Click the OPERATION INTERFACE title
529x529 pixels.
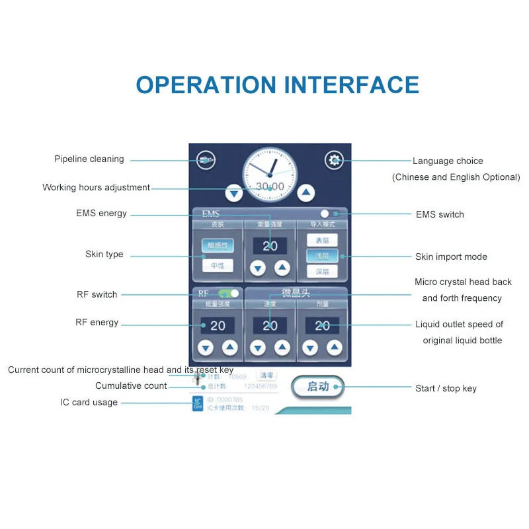(x=278, y=85)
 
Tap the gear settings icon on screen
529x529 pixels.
(x=334, y=159)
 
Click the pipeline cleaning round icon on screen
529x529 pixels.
(x=206, y=159)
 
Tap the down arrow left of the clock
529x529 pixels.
(x=233, y=193)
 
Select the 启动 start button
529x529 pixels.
(x=318, y=387)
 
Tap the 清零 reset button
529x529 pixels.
(x=266, y=376)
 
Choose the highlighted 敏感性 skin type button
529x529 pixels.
(x=218, y=245)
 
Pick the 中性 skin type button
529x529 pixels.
(x=218, y=266)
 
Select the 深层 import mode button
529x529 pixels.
(x=322, y=271)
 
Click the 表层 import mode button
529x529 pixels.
(x=322, y=240)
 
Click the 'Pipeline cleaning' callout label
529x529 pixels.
(x=89, y=159)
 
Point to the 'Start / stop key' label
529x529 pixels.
(x=446, y=388)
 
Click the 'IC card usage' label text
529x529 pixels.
(x=89, y=402)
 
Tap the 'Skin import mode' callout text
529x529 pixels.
(x=451, y=257)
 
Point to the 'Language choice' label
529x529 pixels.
(x=448, y=161)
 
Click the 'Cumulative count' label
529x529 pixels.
(x=131, y=386)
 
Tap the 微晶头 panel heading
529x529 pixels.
(x=296, y=293)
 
